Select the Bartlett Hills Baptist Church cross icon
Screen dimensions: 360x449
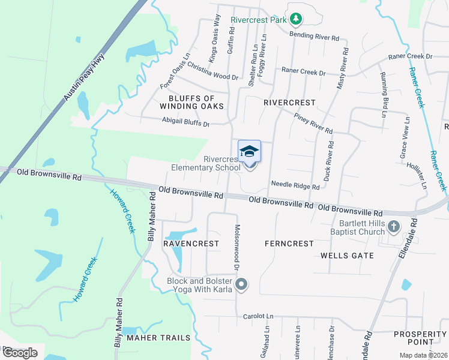coord(393,227)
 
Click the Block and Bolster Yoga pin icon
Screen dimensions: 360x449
coord(241,284)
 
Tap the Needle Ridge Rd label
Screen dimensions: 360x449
coord(295,186)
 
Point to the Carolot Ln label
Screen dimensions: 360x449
coord(258,316)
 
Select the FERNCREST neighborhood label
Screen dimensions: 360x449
coord(289,244)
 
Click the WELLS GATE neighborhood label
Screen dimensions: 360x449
coord(347,256)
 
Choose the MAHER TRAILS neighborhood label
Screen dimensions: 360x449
coord(158,338)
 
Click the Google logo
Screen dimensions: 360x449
coord(20,353)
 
